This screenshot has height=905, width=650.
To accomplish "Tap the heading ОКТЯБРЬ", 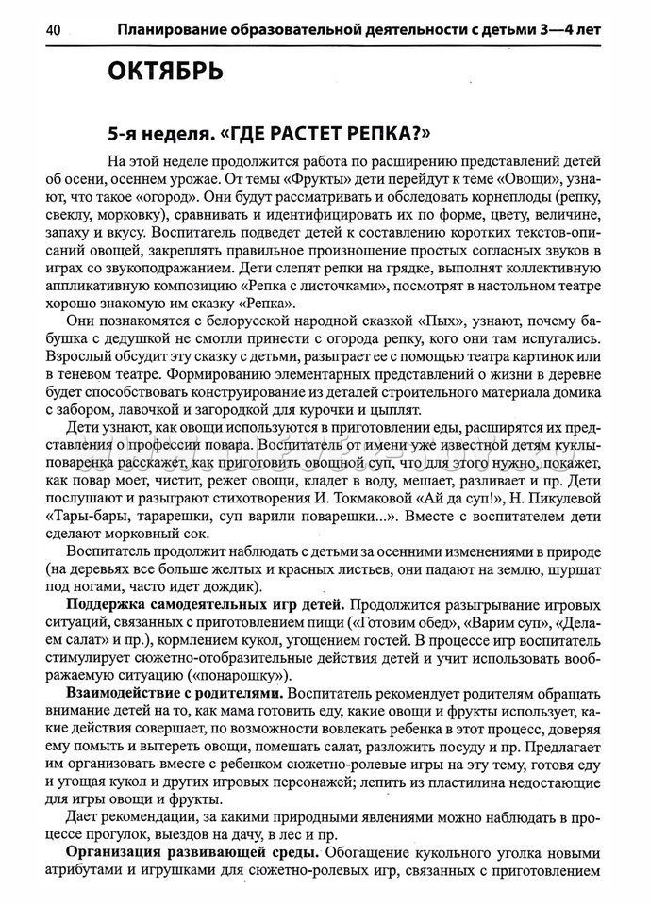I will [x=165, y=72].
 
